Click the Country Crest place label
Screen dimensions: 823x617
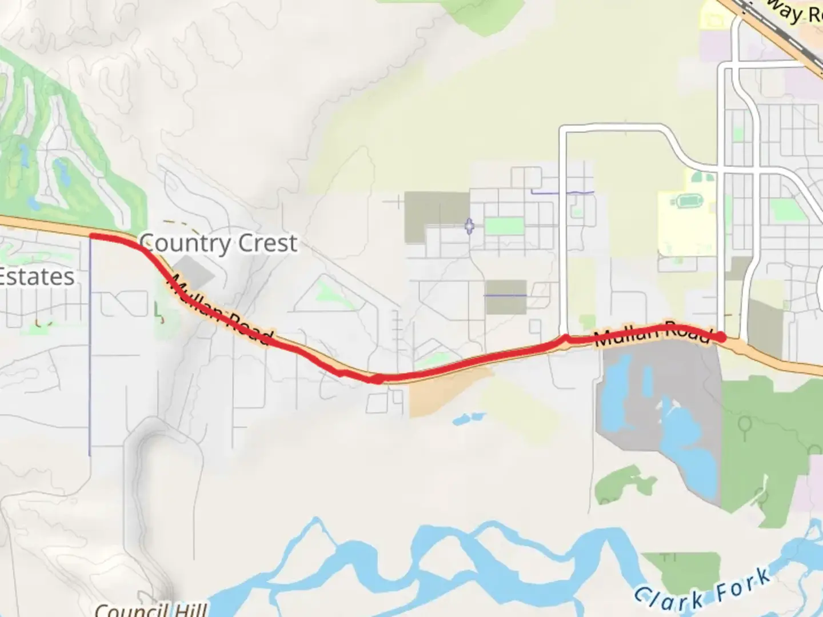(218, 244)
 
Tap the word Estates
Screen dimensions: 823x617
(37, 277)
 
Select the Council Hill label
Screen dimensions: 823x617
(151, 610)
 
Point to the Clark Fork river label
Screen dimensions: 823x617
(702, 590)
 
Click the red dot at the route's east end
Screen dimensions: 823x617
(721, 337)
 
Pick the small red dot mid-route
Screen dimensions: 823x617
(377, 379)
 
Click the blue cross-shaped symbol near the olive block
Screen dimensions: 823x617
(469, 227)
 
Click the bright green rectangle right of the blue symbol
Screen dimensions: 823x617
(504, 226)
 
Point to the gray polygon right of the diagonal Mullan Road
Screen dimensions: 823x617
(198, 276)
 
